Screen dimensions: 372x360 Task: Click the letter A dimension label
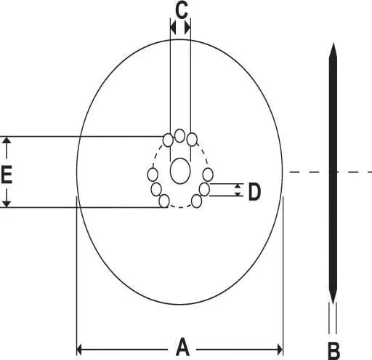(x=182, y=347)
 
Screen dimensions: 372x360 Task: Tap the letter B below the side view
(x=333, y=351)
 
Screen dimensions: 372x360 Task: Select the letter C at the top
(x=182, y=11)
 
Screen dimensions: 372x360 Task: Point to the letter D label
(x=254, y=191)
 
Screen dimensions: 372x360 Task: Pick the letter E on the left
(x=7, y=174)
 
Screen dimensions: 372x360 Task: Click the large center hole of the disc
(x=180, y=171)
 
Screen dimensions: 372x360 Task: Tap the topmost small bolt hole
(x=180, y=135)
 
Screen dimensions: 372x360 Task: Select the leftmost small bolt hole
(x=153, y=175)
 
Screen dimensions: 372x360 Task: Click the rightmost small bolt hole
(x=208, y=175)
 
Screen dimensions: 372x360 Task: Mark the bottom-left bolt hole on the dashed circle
(x=164, y=201)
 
